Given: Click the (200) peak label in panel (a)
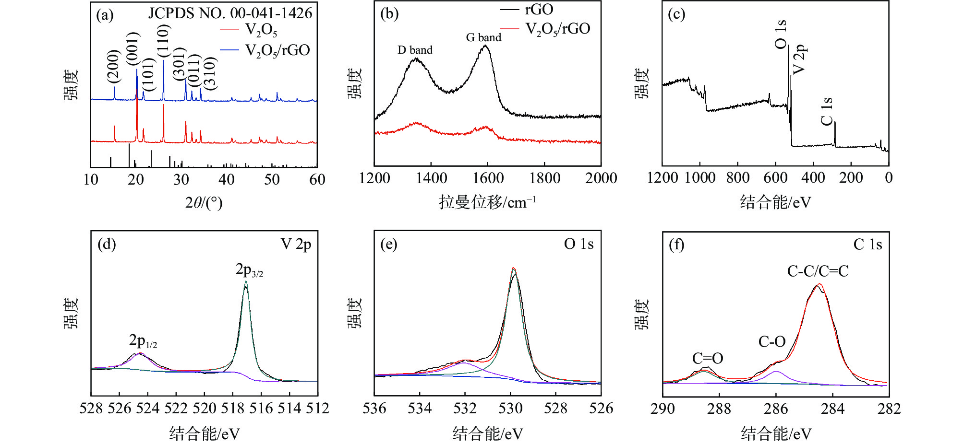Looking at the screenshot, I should click(x=113, y=66).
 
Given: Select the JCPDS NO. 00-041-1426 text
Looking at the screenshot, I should click(x=230, y=13).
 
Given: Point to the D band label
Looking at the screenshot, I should click(x=415, y=50).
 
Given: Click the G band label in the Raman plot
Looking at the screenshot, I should click(x=483, y=37).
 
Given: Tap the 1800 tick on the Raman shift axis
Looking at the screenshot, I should click(x=544, y=178).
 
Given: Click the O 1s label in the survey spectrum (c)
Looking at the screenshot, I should click(x=781, y=34).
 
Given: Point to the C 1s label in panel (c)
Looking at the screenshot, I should click(x=827, y=111).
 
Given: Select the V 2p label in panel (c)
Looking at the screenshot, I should click(x=798, y=59).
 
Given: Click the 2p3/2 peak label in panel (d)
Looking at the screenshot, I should click(x=249, y=270).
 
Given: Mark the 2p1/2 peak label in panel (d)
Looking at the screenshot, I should click(x=143, y=341).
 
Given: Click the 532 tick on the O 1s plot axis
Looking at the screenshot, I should click(x=465, y=409).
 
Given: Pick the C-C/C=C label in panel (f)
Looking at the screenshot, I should click(x=818, y=271).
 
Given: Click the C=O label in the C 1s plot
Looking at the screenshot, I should click(x=707, y=358).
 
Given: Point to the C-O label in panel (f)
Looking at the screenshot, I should click(x=772, y=342).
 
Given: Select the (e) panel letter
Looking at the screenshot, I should click(x=389, y=245).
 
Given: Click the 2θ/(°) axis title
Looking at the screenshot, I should click(x=204, y=203).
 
